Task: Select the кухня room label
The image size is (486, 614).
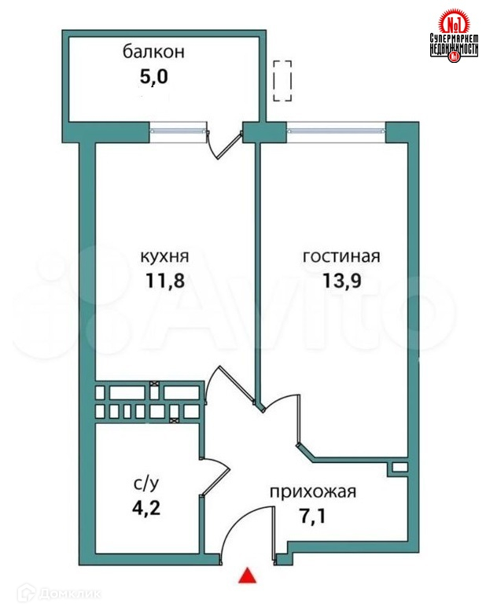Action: [164, 257]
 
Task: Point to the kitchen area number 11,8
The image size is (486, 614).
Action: [164, 281]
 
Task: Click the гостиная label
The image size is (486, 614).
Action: [341, 257]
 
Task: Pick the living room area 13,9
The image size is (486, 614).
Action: [341, 281]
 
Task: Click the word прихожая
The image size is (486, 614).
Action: [313, 493]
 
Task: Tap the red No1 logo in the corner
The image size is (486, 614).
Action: [454, 35]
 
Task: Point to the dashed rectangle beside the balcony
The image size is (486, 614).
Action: [282, 81]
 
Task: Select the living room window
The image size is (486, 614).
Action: [336, 131]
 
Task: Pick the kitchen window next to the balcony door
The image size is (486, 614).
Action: [179, 131]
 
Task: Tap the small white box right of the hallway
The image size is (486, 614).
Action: [399, 468]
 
